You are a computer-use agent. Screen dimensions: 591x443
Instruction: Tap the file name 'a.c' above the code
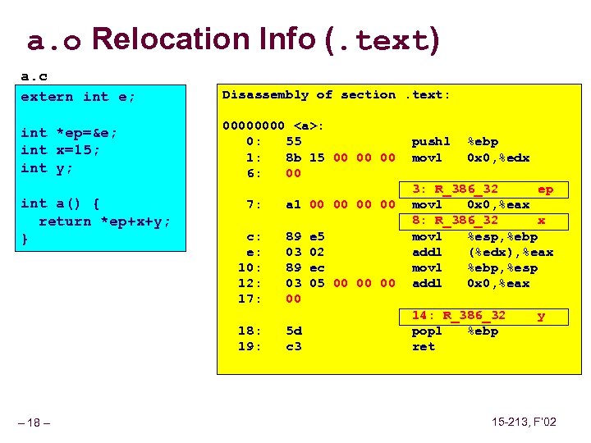pyautogui.click(x=34, y=76)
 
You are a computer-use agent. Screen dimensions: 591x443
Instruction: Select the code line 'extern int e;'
pyautogui.click(x=78, y=96)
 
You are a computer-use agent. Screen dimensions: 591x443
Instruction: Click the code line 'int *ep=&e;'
pyautogui.click(x=70, y=132)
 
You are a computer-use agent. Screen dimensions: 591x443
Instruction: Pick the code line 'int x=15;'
pyautogui.click(x=61, y=149)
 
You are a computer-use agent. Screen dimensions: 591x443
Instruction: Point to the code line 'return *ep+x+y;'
pyautogui.click(x=104, y=221)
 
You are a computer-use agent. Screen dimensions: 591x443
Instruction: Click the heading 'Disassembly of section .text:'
pyautogui.click(x=337, y=94)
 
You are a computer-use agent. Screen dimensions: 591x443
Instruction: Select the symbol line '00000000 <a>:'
pyautogui.click(x=274, y=126)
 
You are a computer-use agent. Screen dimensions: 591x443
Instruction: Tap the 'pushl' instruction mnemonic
pyautogui.click(x=431, y=142)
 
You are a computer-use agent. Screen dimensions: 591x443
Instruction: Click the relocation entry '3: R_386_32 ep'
pyautogui.click(x=482, y=189)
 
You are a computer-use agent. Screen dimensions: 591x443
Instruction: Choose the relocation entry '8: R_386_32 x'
pyautogui.click(x=482, y=221)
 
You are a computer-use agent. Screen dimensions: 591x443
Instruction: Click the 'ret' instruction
pyautogui.click(x=423, y=346)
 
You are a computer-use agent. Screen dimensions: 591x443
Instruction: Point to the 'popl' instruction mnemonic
pyautogui.click(x=427, y=331)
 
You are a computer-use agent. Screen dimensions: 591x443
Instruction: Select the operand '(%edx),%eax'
pyautogui.click(x=511, y=252)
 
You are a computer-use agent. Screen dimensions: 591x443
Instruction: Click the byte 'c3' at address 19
pyautogui.click(x=293, y=346)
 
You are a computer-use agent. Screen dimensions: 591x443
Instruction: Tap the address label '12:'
pyautogui.click(x=249, y=283)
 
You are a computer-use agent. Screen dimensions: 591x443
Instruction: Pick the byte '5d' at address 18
pyautogui.click(x=293, y=331)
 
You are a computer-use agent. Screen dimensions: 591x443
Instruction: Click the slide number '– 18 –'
pyautogui.click(x=35, y=422)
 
